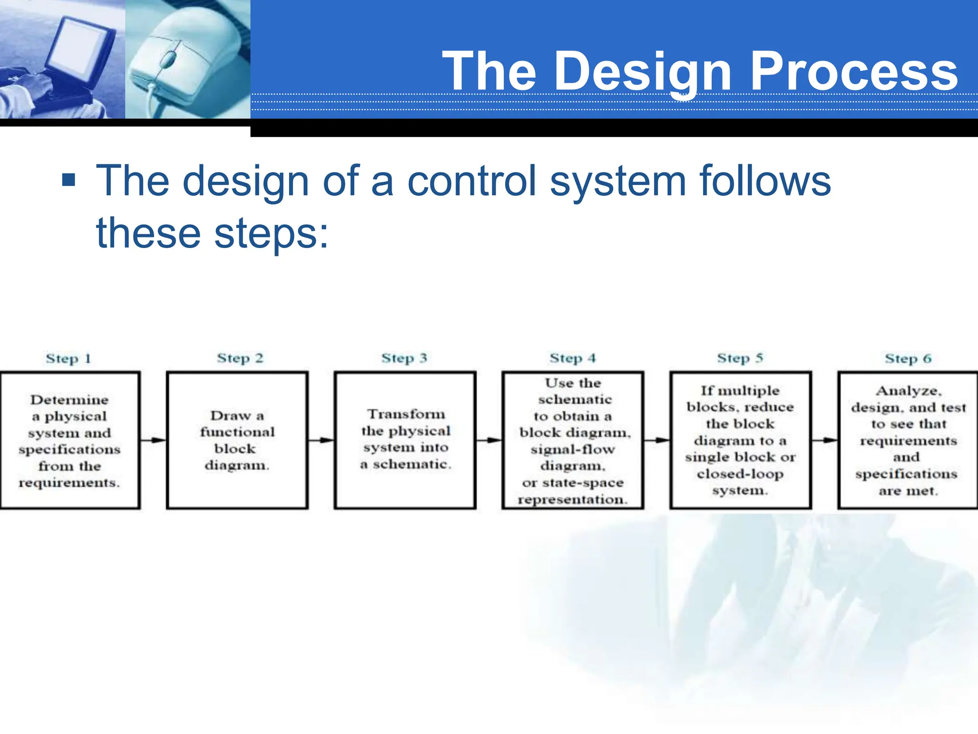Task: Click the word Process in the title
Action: [x=854, y=72]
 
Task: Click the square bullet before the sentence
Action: [x=69, y=180]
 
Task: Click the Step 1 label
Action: [x=68, y=358]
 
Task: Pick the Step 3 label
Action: [x=404, y=358]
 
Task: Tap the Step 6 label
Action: [x=908, y=358]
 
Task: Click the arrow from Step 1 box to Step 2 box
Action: [x=153, y=440]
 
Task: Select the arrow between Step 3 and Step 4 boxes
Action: [x=489, y=440]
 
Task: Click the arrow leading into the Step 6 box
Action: [x=825, y=440]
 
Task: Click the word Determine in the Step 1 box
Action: [x=69, y=399]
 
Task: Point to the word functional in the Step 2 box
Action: [x=237, y=432]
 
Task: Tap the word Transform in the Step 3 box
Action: [x=406, y=414]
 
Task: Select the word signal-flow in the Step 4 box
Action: [x=573, y=449]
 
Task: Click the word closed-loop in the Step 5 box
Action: [x=740, y=474]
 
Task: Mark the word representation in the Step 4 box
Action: [x=573, y=499]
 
